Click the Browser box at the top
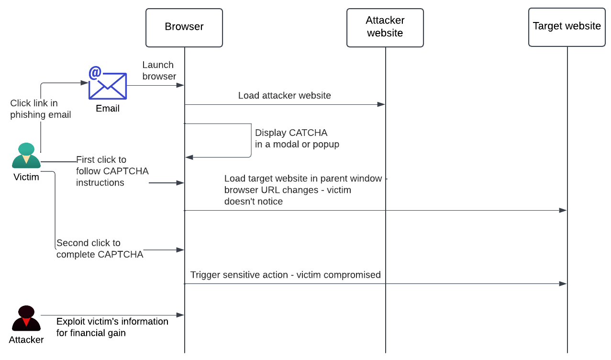pos(184,27)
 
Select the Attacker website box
pos(385,27)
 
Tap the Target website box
pos(567,27)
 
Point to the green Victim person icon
pos(26,156)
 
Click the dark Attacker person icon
pos(26,318)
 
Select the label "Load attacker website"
pos(284,96)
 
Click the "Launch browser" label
pos(159,70)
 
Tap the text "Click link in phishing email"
pos(40,109)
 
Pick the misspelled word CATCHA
pos(309,133)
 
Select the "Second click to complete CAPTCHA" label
pos(100,249)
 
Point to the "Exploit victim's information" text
pos(112,322)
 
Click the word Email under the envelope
pos(108,109)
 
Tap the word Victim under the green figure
pos(26,177)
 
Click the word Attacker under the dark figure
pos(26,340)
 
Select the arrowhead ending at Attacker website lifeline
pos(381,104)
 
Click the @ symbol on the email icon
pos(95,73)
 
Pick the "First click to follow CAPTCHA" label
pos(112,171)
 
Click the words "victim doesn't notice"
pos(288,196)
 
